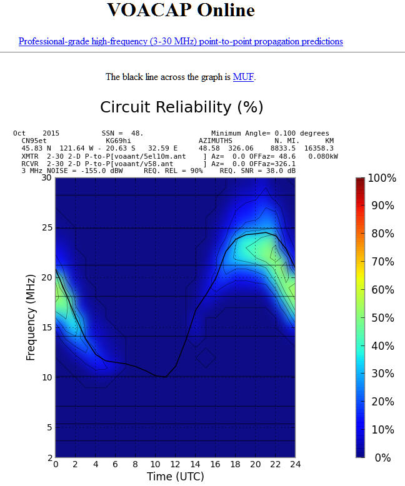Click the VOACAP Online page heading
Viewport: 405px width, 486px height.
coord(181,10)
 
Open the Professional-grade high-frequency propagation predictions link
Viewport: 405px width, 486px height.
coord(181,41)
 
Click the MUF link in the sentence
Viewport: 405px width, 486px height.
coord(244,77)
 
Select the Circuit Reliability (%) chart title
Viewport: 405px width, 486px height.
coord(181,107)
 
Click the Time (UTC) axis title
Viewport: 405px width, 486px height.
coord(175,476)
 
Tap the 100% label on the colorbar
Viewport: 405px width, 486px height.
coord(381,179)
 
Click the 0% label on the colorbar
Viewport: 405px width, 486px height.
coord(382,458)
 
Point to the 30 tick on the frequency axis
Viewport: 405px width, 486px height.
coord(46,177)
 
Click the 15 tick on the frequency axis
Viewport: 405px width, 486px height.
coord(46,327)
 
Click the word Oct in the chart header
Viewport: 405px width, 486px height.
coord(19,134)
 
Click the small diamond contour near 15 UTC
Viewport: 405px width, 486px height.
coord(205,358)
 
